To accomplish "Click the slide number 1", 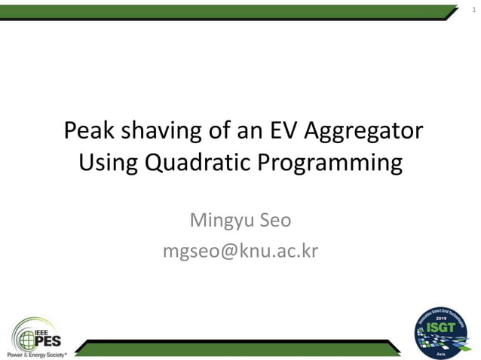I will point(473,8).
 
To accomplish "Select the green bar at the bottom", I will point(241,347).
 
